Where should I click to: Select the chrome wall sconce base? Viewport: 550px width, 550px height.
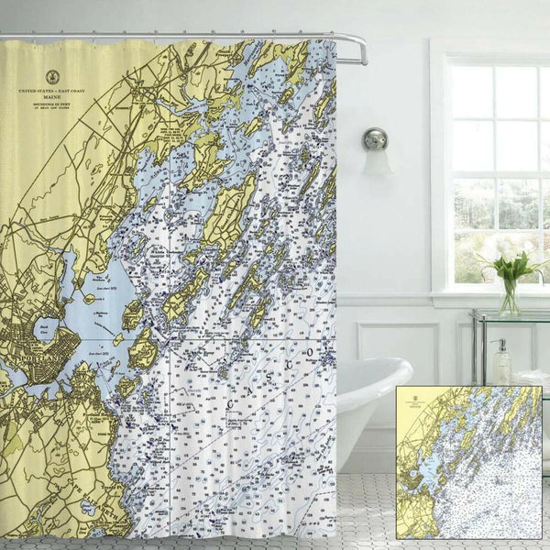click(x=375, y=139)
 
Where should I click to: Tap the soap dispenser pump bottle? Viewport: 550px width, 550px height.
click(x=501, y=362)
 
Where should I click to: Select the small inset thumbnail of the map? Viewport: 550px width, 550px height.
click(x=468, y=462)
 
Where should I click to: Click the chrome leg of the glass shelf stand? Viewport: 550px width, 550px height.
click(x=476, y=357)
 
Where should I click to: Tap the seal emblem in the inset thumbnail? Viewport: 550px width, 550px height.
click(x=409, y=398)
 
